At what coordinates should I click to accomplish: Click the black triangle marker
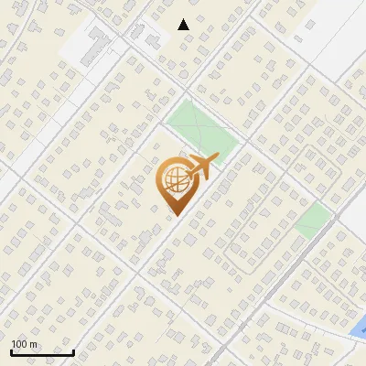click(184, 25)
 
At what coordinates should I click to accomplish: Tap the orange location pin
click(175, 184)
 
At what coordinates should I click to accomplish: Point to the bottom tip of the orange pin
click(175, 215)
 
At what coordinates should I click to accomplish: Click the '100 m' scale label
click(24, 343)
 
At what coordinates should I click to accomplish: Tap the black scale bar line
click(42, 352)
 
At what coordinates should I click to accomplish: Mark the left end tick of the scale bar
click(11, 350)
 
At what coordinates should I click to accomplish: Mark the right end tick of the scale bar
click(73, 350)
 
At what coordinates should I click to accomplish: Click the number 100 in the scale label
click(19, 343)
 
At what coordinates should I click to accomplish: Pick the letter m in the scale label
click(33, 344)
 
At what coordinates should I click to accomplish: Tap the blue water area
click(359, 326)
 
